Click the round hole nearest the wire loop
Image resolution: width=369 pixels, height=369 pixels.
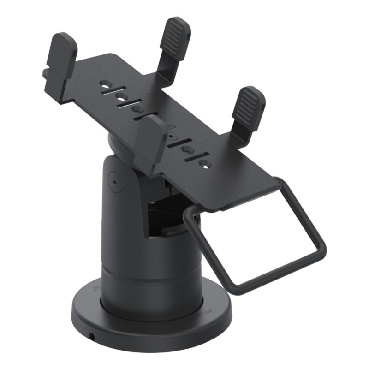pyautogui.click(x=206, y=164)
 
